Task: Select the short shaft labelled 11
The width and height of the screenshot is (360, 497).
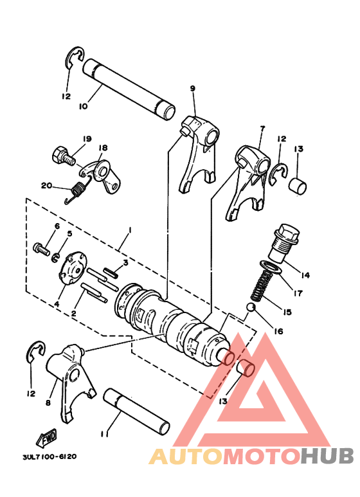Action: point(138,411)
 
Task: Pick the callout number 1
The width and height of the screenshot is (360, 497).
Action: point(130,230)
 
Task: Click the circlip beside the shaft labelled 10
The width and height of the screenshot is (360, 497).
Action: point(74,58)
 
